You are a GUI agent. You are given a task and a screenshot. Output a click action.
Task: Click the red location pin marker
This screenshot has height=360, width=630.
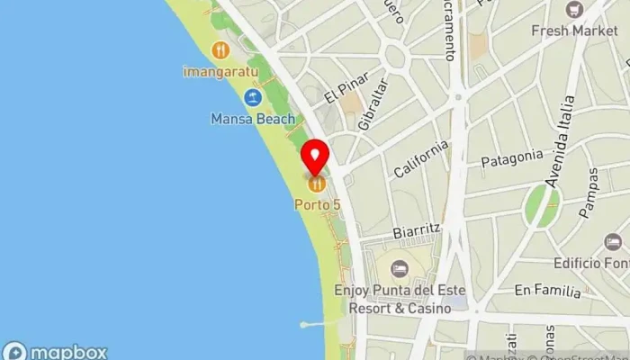pyautogui.click(x=315, y=157)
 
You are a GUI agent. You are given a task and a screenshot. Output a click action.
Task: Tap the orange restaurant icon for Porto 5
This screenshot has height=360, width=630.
pyautogui.click(x=316, y=184)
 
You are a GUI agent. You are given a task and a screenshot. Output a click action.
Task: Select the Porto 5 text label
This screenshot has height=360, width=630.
pyautogui.click(x=318, y=204)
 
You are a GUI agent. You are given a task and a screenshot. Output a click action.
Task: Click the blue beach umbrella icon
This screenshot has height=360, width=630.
pyautogui.click(x=253, y=97)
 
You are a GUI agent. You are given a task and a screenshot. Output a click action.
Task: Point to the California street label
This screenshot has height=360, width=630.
pyautogui.click(x=420, y=158)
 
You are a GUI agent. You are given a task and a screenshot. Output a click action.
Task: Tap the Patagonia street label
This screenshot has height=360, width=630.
pyautogui.click(x=512, y=158)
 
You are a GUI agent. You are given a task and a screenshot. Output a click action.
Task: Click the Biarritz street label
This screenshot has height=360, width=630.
pyautogui.click(x=418, y=230)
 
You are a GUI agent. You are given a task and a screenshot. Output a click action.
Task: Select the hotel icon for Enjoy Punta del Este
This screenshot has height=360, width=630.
pyautogui.click(x=399, y=268)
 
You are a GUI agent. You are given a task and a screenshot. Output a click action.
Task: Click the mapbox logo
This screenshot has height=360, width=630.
pyautogui.click(x=55, y=351)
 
